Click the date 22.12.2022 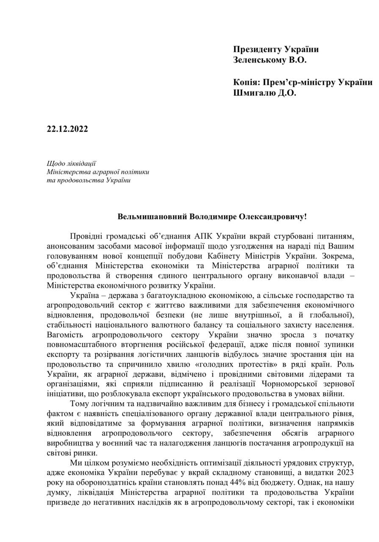coord(67,130)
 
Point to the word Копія coord(246,82)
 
